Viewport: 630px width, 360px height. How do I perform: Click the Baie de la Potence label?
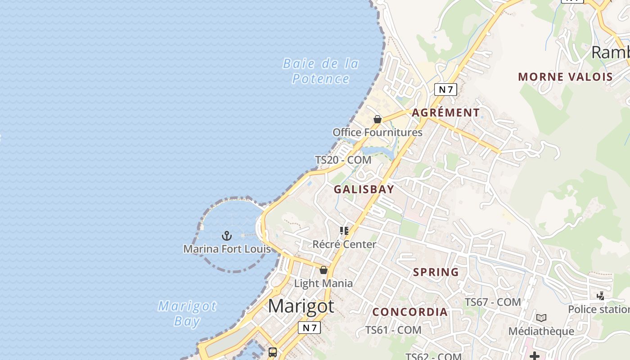point(321,71)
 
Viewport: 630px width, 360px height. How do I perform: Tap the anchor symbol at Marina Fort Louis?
point(227,235)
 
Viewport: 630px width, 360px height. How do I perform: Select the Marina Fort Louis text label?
point(227,249)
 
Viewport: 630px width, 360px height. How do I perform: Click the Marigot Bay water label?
point(187,314)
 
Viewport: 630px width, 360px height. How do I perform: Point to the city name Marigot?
point(301,306)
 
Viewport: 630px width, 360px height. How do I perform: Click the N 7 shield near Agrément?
point(445,90)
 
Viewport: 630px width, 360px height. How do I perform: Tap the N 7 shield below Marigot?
point(310,328)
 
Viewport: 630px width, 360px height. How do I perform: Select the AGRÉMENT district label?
point(446,112)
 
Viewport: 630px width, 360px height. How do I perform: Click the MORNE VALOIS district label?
point(566,76)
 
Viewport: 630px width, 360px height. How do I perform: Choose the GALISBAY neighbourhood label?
point(364,189)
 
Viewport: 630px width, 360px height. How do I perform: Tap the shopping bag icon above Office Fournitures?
point(378,119)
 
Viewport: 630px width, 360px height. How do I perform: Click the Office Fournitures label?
point(378,132)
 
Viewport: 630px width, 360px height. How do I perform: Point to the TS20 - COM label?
point(343,160)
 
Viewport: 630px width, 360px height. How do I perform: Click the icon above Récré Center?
point(344,231)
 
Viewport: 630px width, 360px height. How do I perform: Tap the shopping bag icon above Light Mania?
point(324,270)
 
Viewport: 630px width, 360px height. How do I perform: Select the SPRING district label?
point(436,272)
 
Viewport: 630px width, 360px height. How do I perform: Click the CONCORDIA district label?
point(410,312)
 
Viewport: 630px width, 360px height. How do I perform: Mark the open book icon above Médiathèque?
point(541,318)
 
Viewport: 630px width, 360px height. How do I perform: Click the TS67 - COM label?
point(493,302)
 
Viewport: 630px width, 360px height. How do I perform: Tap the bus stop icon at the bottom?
point(273,352)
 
